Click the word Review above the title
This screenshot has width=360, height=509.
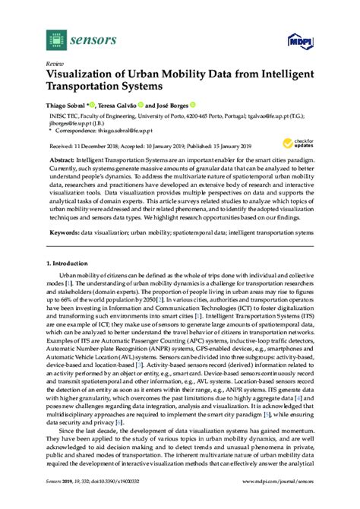54,65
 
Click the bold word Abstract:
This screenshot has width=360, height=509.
62,161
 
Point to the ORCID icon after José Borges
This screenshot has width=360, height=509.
194,104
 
